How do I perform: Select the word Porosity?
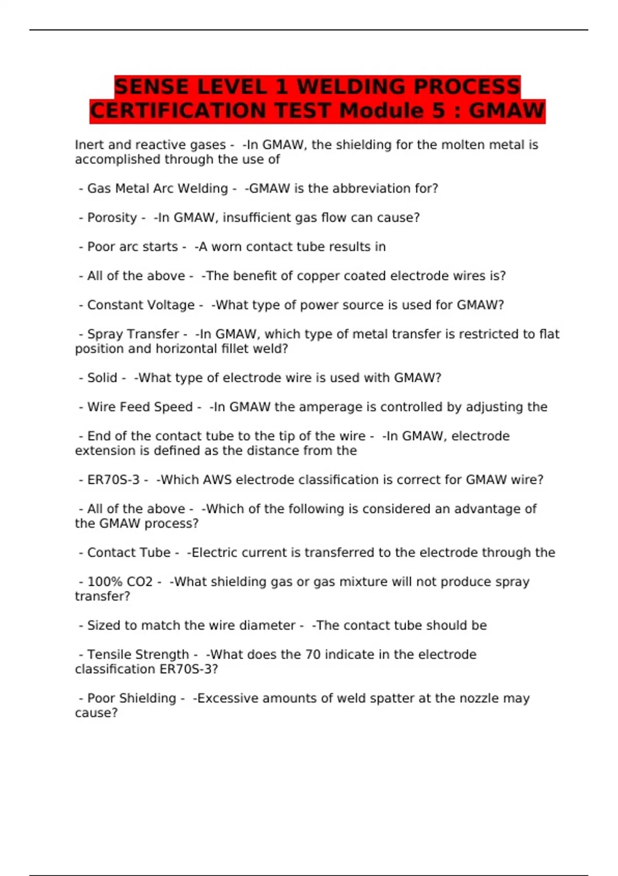(112, 218)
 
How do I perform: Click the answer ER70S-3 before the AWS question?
(113, 480)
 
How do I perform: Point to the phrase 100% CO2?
(120, 582)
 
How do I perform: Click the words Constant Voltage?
(141, 305)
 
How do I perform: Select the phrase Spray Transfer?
(133, 334)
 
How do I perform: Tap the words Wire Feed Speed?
(140, 407)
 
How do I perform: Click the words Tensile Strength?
(138, 654)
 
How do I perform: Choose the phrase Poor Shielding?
(132, 698)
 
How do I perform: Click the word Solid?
(102, 378)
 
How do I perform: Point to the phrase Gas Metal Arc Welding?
(158, 189)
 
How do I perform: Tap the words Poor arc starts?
(132, 247)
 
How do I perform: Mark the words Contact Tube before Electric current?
(129, 553)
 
